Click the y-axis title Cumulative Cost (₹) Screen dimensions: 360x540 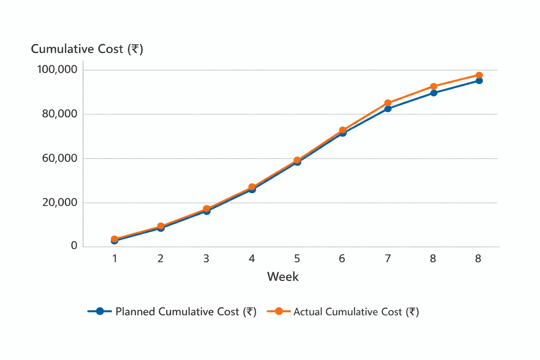(87, 49)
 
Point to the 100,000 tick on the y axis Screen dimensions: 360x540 (57, 70)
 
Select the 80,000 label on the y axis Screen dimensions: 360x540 (59, 114)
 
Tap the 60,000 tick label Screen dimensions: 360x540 (59, 158)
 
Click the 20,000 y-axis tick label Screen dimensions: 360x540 (59, 202)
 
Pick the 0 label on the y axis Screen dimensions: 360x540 (74, 245)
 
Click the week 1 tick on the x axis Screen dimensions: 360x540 (115, 259)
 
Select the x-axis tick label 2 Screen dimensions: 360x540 (160, 259)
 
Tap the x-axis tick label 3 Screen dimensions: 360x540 (206, 259)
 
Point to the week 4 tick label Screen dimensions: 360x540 (252, 259)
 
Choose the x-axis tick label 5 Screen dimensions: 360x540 (297, 259)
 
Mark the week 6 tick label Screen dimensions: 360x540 (342, 259)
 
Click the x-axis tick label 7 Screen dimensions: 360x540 (388, 259)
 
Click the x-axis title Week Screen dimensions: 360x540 (283, 277)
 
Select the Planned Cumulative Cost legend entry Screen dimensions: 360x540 (172, 311)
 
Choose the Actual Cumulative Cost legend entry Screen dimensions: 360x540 (343, 311)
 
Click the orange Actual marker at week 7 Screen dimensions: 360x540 (388, 103)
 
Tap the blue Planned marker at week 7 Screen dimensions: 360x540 (388, 109)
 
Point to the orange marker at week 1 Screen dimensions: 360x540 (114, 239)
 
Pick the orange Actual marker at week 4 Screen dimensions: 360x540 (252, 187)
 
